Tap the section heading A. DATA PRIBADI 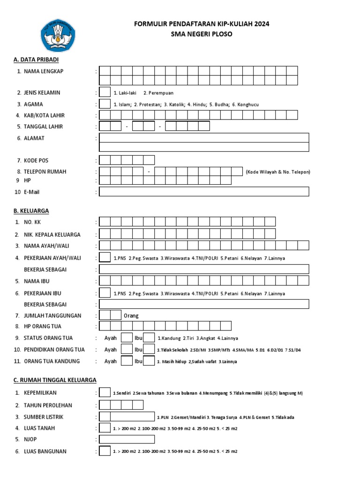pos(36,60)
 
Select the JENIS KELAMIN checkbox pos(105,92)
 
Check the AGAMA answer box pos(105,104)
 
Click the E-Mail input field pos(204,191)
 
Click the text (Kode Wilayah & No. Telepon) pos(277,172)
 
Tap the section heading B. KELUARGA pos(31,211)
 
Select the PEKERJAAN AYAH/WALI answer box pos(105,257)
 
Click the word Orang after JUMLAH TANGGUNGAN pos(131,316)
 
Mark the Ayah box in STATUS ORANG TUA pos(127,337)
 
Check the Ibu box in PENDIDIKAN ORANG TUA pos(149,349)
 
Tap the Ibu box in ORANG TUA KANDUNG pos(149,361)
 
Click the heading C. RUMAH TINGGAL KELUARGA pos(55,380)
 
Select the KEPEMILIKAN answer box pos(105,392)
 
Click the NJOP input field pos(127,439)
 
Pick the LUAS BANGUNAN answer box pos(105,451)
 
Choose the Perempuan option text pos(158,93)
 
